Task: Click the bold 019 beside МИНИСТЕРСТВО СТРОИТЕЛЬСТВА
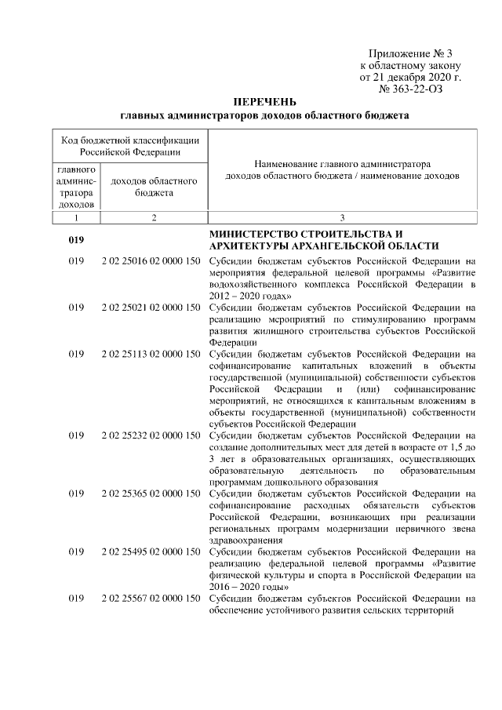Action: point(76,240)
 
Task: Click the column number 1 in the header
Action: point(76,217)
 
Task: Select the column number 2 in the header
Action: point(154,217)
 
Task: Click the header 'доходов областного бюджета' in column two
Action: point(154,187)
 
